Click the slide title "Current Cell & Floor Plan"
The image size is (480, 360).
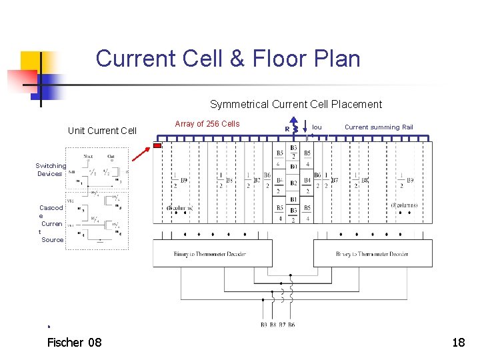tap(228, 59)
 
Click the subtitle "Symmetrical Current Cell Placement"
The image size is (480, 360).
tap(296, 104)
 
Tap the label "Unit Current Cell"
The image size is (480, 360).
tap(102, 131)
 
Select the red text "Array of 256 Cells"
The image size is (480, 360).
tap(207, 123)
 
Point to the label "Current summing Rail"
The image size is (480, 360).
tap(379, 127)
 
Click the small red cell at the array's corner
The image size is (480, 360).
tap(157, 145)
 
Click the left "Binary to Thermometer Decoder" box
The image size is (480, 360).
tap(213, 253)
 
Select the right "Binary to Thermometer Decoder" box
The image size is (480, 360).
tap(373, 253)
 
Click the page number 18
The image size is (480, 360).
tap(458, 343)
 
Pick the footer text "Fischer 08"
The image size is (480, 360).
tap(75, 343)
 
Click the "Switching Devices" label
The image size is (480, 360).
tap(51, 169)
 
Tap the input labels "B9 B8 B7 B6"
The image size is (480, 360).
tap(277, 325)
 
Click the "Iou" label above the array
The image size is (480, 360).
tap(317, 127)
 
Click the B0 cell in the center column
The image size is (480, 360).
tap(293, 166)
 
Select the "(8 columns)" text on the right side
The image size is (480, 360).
tap(404, 205)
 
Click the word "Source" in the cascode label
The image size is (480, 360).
tap(53, 239)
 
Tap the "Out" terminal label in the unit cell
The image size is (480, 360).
tap(111, 157)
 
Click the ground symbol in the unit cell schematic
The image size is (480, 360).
tap(100, 241)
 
